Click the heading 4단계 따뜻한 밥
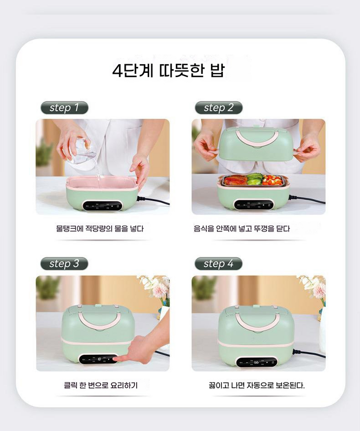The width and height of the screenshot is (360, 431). tap(168, 71)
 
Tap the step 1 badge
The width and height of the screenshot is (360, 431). tap(64, 108)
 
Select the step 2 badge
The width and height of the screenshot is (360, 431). tap(219, 108)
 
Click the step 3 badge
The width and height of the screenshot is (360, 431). tap(64, 263)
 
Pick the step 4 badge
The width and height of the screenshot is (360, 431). tap(219, 263)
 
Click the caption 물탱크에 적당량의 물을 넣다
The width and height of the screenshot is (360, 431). tap(100, 229)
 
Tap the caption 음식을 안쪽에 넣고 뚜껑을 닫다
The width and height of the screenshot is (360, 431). tap(242, 229)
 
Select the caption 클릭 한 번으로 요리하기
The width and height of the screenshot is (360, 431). tap(101, 385)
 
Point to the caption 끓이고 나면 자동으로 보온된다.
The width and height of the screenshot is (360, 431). tap(257, 385)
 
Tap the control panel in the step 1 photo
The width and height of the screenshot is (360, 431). tap(102, 206)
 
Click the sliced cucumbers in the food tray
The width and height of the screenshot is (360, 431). tap(255, 179)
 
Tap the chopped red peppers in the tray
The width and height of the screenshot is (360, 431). tap(272, 180)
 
